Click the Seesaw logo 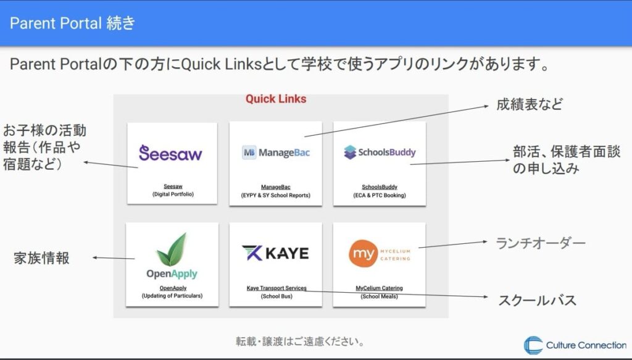(x=170, y=153)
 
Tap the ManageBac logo (x=276, y=153)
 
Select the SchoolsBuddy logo (x=380, y=152)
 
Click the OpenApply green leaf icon (x=172, y=249)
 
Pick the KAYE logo (x=275, y=253)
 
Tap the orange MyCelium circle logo (x=363, y=254)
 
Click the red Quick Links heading (x=276, y=99)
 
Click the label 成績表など (x=530, y=105)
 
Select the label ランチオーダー (x=541, y=243)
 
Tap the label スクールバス (x=537, y=301)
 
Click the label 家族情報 (x=42, y=258)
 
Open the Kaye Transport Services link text (x=276, y=288)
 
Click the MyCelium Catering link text (x=379, y=288)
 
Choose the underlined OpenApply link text (x=172, y=288)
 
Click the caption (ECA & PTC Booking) (x=380, y=195)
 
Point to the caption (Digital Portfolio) (x=172, y=195)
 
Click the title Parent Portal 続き (x=72, y=23)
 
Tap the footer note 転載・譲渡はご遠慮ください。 (x=301, y=341)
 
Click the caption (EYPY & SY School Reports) (x=276, y=195)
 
